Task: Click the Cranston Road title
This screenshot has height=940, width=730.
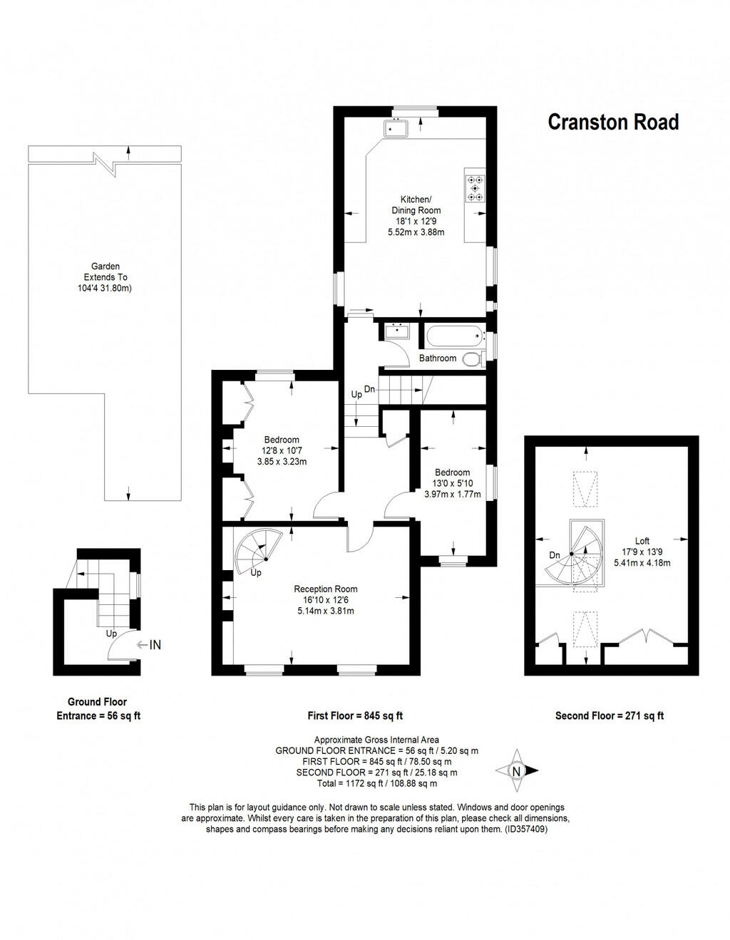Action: pyautogui.click(x=612, y=123)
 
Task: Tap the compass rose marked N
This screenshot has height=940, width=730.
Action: pyautogui.click(x=518, y=770)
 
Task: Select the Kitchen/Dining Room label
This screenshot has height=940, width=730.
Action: pyautogui.click(x=416, y=205)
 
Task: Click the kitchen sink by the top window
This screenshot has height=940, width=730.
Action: pyautogui.click(x=395, y=128)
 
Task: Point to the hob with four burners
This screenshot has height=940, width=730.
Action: pyautogui.click(x=475, y=187)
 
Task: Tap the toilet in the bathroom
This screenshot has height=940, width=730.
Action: pyautogui.click(x=472, y=359)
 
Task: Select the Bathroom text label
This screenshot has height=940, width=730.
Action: pyautogui.click(x=437, y=358)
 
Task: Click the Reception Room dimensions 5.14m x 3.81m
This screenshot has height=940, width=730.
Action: pyautogui.click(x=326, y=611)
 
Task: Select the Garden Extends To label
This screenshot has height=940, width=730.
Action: pyautogui.click(x=106, y=272)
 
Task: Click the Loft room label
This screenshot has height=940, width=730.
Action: pyautogui.click(x=642, y=541)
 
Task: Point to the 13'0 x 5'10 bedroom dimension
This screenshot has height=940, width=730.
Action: pyautogui.click(x=452, y=483)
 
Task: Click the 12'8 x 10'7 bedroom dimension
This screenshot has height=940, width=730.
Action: pyautogui.click(x=282, y=450)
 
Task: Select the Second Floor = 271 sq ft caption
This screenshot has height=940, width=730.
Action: pyautogui.click(x=610, y=716)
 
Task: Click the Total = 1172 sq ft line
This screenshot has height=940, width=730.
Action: pyautogui.click(x=376, y=783)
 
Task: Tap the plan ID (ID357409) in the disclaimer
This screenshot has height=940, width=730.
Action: pyautogui.click(x=525, y=830)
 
